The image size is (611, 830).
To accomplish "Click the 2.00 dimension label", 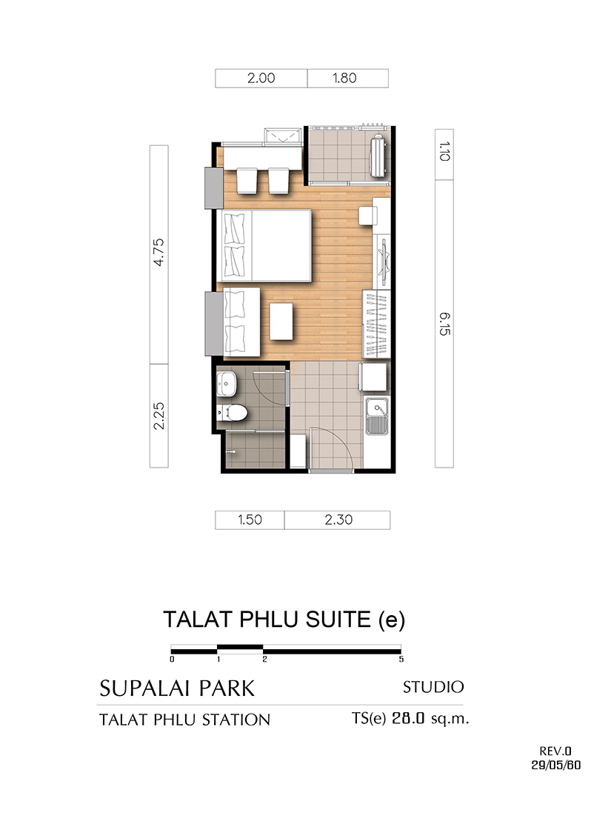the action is (x=261, y=79).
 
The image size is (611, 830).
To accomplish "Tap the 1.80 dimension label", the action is (x=344, y=79).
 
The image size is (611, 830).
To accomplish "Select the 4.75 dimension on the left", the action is (x=158, y=252).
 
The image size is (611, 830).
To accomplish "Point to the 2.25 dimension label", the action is (x=158, y=416).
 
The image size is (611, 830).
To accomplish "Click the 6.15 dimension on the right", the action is (x=444, y=323).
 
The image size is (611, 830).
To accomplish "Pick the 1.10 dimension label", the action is (x=444, y=151).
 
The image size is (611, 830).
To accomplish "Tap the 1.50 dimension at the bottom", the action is (x=250, y=519).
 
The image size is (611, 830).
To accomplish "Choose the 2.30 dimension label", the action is (x=338, y=519).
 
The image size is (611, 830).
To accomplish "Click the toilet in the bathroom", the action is (x=232, y=413).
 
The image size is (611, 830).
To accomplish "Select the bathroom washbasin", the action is (x=226, y=384).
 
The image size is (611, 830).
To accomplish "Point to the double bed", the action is (x=264, y=245).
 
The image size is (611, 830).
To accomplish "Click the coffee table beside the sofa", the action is (x=281, y=322).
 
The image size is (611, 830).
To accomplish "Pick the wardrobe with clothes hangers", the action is (x=377, y=324).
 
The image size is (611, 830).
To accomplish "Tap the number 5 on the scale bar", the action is (x=401, y=660).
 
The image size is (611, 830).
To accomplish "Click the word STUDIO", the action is (x=433, y=687).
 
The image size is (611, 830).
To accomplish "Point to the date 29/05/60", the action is (x=556, y=766).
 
